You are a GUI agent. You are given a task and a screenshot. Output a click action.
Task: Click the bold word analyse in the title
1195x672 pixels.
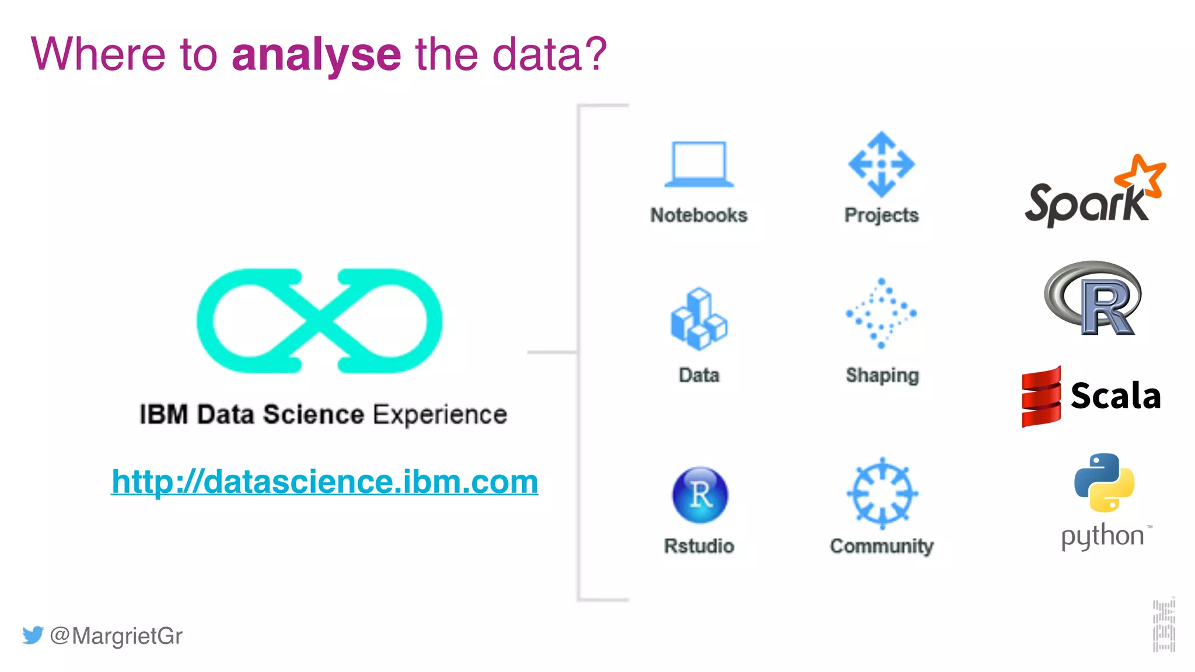(x=316, y=55)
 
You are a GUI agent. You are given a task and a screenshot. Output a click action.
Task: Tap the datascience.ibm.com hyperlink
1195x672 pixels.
(x=324, y=482)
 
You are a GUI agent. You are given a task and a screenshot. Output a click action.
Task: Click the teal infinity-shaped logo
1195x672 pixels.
(x=319, y=320)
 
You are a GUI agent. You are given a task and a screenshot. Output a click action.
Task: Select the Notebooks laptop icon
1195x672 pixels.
(x=698, y=164)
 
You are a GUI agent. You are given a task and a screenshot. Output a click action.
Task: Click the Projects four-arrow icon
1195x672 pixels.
(x=881, y=164)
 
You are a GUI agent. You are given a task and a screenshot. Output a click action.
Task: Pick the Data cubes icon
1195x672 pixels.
(x=698, y=319)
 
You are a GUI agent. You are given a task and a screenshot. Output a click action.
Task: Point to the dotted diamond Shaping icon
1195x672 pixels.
(x=881, y=313)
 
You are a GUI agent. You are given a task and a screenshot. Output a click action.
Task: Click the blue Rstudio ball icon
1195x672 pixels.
(x=700, y=495)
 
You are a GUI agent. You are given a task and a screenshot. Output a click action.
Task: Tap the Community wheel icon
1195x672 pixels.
(x=882, y=494)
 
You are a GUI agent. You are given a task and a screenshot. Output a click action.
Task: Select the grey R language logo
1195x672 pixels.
(x=1093, y=298)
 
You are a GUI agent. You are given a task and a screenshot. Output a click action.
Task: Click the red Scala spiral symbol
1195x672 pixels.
(x=1041, y=397)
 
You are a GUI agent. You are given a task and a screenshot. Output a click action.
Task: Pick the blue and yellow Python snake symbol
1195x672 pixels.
(x=1104, y=483)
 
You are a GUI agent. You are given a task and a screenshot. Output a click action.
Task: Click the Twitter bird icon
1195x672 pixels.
(x=33, y=635)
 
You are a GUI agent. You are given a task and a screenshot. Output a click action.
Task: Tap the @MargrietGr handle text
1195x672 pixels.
(x=116, y=635)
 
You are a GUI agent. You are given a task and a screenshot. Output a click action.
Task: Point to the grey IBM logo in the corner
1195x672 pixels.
(x=1163, y=625)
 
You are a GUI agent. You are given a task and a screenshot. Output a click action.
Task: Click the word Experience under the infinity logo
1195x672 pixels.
(x=440, y=415)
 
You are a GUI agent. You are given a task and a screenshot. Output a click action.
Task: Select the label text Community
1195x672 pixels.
(x=882, y=546)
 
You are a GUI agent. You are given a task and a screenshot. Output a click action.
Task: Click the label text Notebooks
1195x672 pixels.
(x=699, y=215)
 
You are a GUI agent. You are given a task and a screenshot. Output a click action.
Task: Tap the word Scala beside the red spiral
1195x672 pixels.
(x=1116, y=396)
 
